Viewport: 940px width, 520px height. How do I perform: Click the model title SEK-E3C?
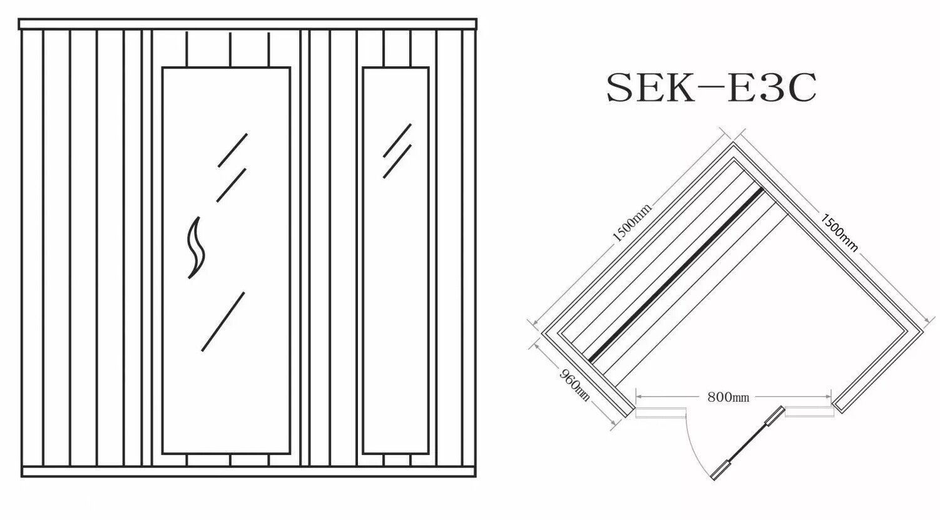pyautogui.click(x=712, y=88)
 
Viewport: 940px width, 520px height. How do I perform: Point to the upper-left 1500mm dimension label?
pyautogui.click(x=631, y=222)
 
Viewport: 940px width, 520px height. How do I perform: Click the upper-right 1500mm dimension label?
pyautogui.click(x=839, y=233)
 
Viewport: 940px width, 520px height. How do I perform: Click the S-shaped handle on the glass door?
pyautogui.click(x=195, y=248)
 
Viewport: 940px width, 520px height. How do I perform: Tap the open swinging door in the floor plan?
pyautogui.click(x=747, y=443)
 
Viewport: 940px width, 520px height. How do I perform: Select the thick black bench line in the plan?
pyautogui.click(x=676, y=275)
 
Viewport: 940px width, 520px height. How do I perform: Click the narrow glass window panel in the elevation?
pyautogui.click(x=396, y=261)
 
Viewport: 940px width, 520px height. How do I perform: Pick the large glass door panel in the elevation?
pyautogui.click(x=226, y=261)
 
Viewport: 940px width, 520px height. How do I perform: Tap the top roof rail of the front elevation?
pyautogui.click(x=248, y=24)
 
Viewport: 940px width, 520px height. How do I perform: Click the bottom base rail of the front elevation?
pyautogui.click(x=249, y=472)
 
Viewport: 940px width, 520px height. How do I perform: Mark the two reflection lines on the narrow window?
pyautogui.click(x=397, y=151)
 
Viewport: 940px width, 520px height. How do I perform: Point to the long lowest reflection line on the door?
pyautogui.click(x=223, y=322)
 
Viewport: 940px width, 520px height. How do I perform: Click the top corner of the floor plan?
pyautogui.click(x=733, y=143)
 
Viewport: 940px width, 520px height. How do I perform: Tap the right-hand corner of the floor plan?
pyautogui.click(x=923, y=332)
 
